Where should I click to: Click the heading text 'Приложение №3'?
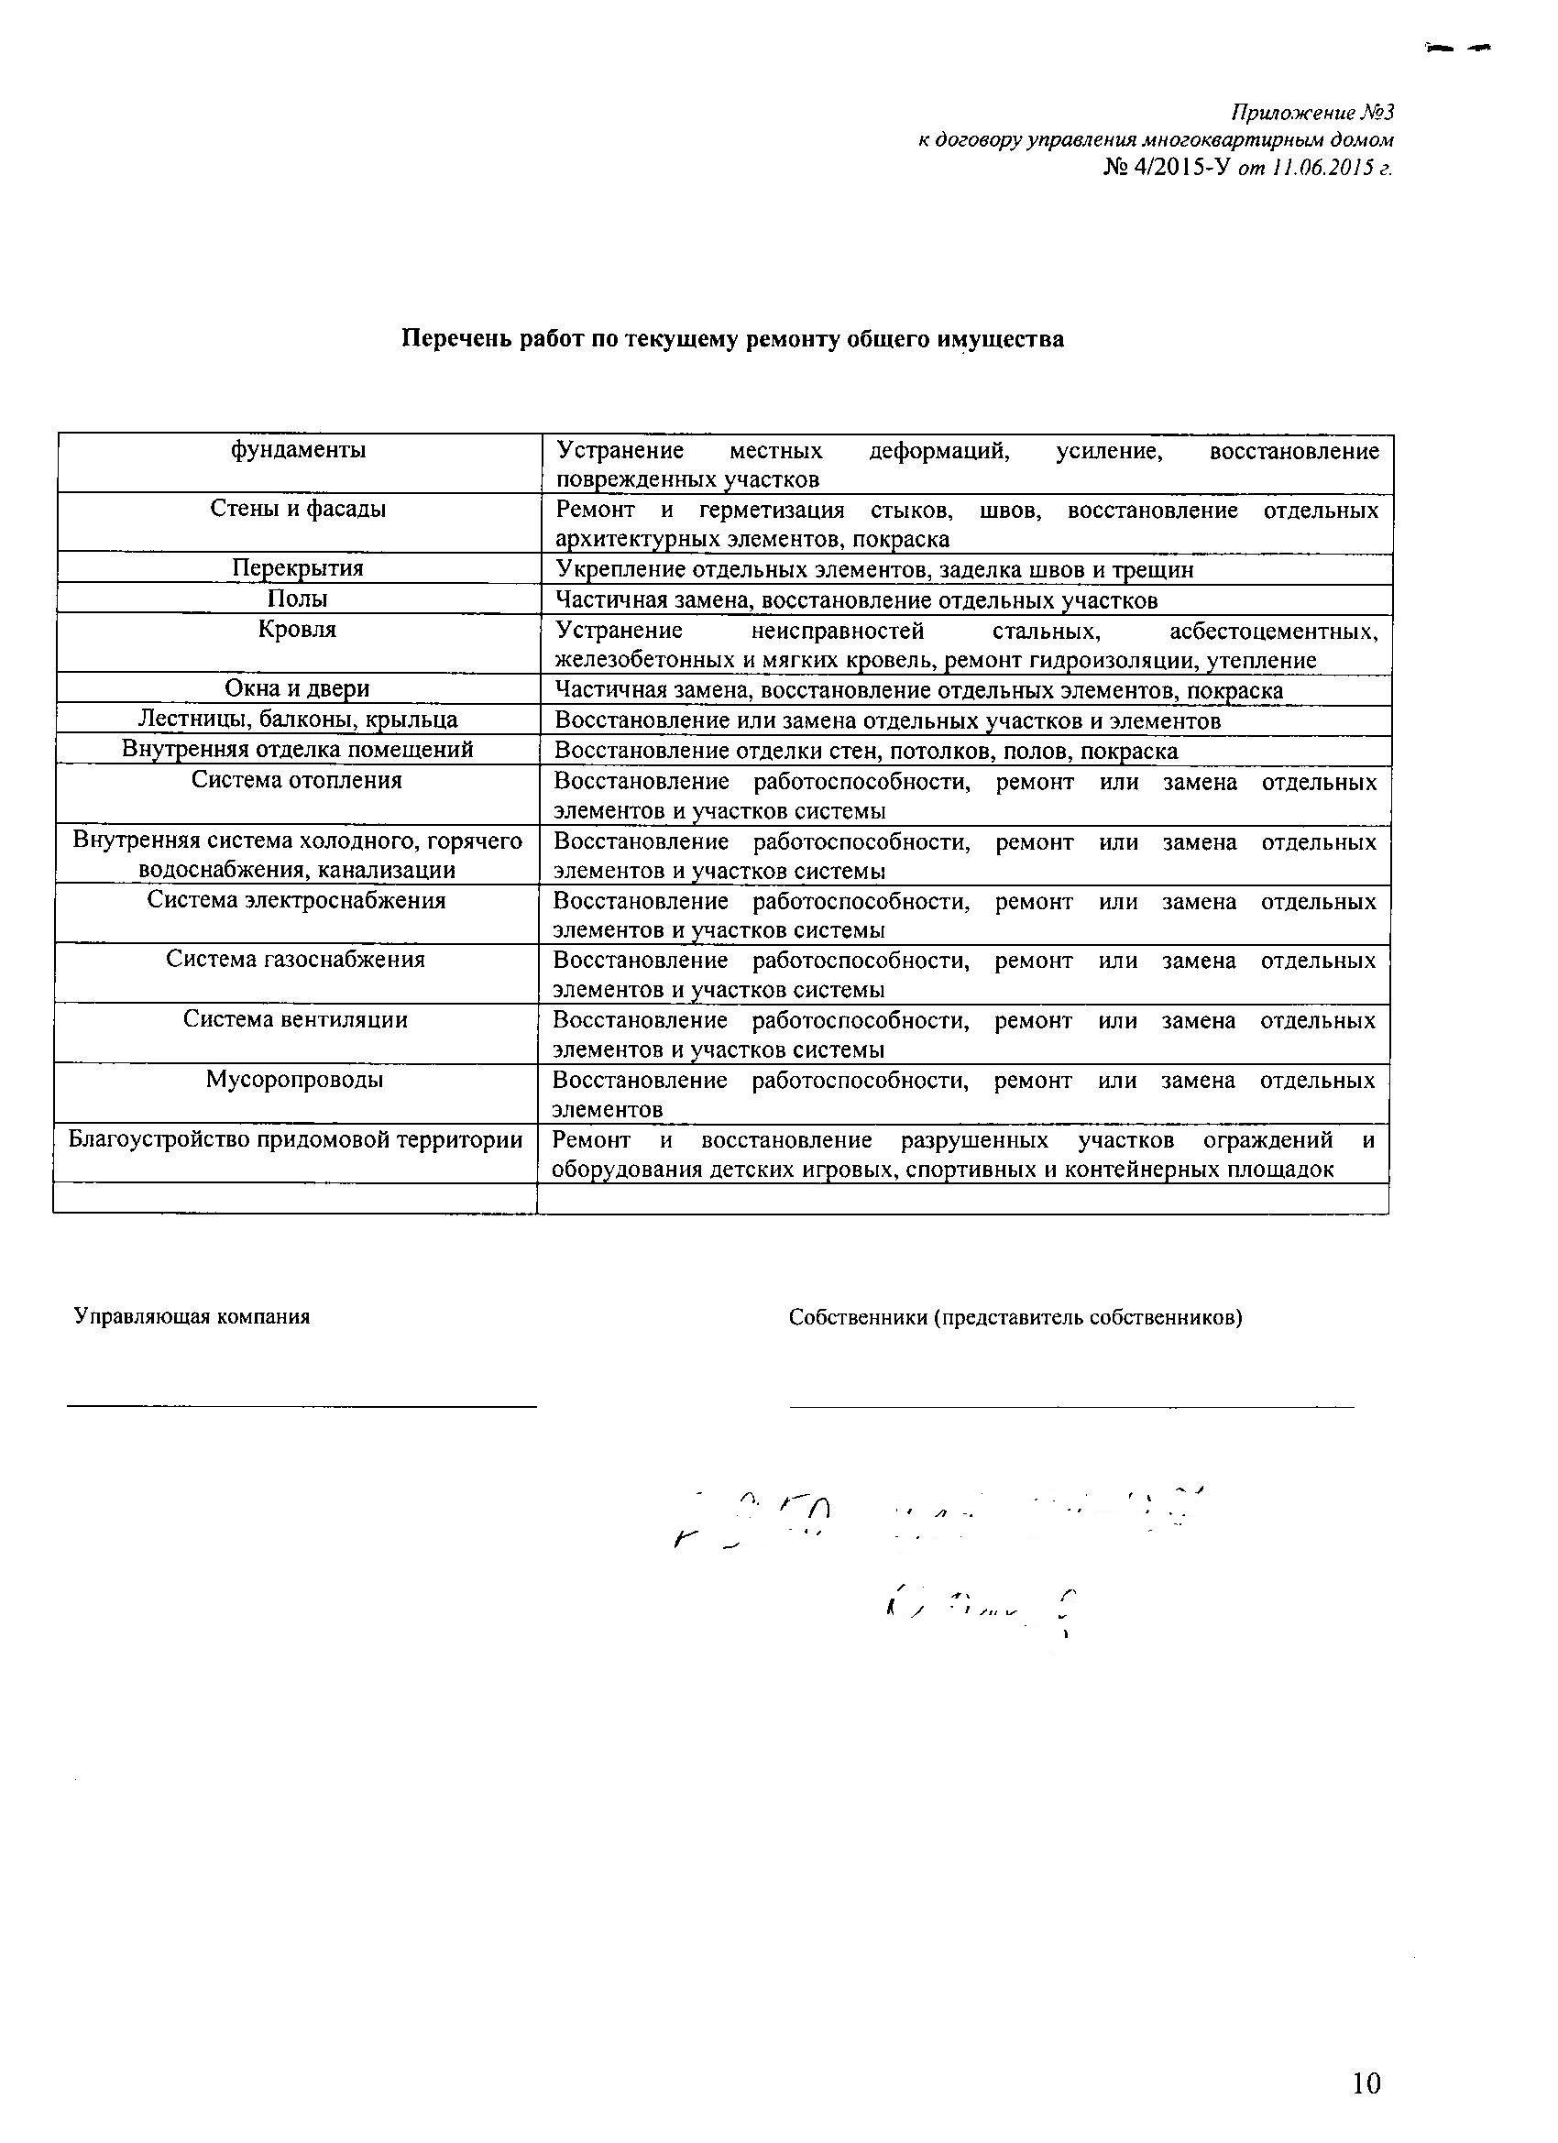pos(1312,114)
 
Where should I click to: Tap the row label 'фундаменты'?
pos(299,450)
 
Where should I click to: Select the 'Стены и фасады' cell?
pos(298,510)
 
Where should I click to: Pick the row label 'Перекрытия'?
pos(298,568)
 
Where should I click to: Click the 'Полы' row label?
pos(298,599)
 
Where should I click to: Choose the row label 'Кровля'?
pos(298,630)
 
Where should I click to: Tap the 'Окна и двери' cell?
pos(298,689)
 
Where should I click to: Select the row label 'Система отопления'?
pos(297,780)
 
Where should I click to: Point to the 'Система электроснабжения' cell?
pos(296,899)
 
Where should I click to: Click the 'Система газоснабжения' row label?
pos(296,959)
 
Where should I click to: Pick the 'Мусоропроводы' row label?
pos(295,1079)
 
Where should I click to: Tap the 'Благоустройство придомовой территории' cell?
pos(295,1139)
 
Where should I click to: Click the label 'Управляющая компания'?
pos(192,1316)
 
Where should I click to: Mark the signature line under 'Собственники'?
pos(1071,1406)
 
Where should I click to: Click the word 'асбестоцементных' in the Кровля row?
pos(1273,631)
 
